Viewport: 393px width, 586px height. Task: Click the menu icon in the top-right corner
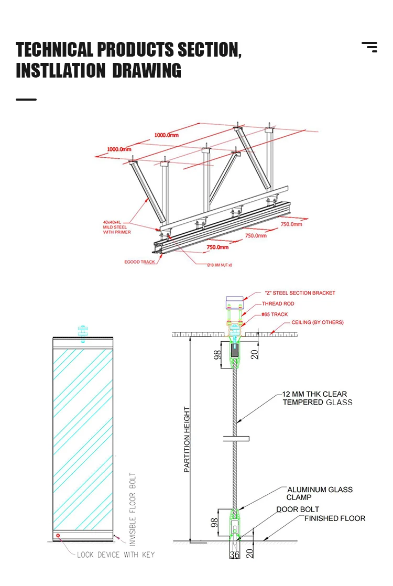pyautogui.click(x=369, y=47)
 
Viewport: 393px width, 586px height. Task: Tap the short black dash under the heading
pyautogui.click(x=26, y=99)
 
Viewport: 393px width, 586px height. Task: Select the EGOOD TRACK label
pyautogui.click(x=140, y=262)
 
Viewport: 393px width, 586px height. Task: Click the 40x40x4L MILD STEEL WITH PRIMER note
pyautogui.click(x=117, y=227)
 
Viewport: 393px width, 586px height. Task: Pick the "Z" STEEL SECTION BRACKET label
pyautogui.click(x=300, y=293)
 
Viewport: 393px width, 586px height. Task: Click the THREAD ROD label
pyautogui.click(x=279, y=304)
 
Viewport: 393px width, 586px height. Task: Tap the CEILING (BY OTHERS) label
pyautogui.click(x=318, y=322)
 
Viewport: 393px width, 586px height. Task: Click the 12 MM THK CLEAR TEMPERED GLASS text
pyautogui.click(x=317, y=398)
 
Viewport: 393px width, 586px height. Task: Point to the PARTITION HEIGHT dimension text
pyautogui.click(x=187, y=440)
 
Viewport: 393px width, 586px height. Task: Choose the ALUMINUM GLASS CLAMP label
pyautogui.click(x=319, y=493)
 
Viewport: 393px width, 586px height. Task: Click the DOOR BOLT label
pyautogui.click(x=298, y=509)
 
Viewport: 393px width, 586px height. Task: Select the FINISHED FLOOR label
pyautogui.click(x=335, y=518)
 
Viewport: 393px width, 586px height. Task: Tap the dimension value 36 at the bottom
pyautogui.click(x=234, y=554)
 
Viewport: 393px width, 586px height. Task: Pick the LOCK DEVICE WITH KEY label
pyautogui.click(x=116, y=555)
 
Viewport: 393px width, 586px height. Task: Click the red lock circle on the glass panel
pyautogui.click(x=58, y=535)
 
